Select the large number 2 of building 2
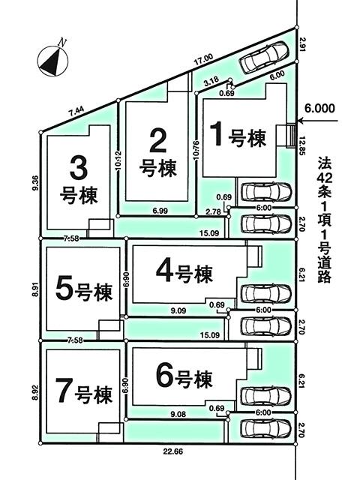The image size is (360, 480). tap(158, 139)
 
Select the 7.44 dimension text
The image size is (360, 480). tap(76, 111)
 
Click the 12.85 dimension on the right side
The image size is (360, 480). tap(303, 145)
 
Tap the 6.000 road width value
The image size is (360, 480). tap(319, 107)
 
